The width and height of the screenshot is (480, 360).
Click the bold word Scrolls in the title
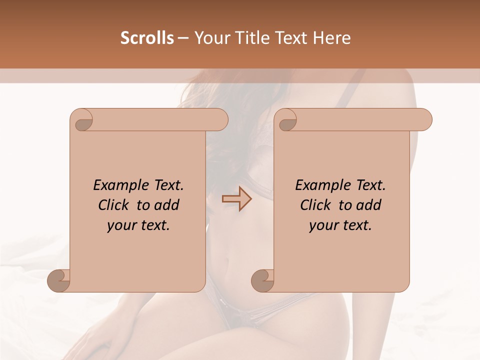point(147,38)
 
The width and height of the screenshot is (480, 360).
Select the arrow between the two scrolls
point(236,199)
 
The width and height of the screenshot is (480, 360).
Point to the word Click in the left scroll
point(114,205)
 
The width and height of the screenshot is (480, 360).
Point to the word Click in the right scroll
point(316,205)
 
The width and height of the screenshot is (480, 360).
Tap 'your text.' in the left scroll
point(138,225)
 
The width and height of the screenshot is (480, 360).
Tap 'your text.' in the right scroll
point(340,225)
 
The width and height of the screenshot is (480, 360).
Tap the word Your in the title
point(209,38)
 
